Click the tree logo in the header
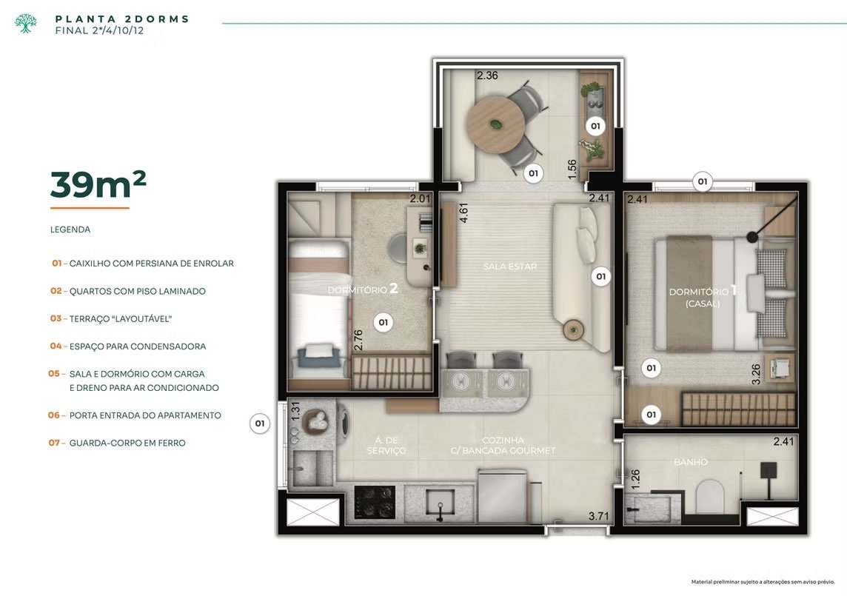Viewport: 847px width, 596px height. tap(25, 23)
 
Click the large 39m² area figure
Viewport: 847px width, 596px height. tap(98, 184)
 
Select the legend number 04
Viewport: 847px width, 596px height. tap(56, 346)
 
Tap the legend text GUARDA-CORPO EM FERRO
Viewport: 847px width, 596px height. tap(127, 443)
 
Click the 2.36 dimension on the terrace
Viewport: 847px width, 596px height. tap(487, 76)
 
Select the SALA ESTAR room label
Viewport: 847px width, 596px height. tap(510, 267)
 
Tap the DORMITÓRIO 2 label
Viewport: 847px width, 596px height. tap(363, 289)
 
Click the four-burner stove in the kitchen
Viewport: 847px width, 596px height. tap(375, 501)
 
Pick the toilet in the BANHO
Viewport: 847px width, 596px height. tap(709, 497)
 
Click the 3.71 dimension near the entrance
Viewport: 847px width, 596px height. tap(598, 517)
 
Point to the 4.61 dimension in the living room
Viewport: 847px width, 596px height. tap(463, 213)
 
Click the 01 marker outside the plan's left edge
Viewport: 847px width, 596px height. tap(260, 423)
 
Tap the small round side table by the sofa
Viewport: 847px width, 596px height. tap(573, 329)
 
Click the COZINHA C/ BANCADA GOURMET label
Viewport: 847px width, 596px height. tap(503, 445)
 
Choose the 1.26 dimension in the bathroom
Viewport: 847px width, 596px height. tap(635, 479)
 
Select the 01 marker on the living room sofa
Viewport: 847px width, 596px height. tap(600, 277)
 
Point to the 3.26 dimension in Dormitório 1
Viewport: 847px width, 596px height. tap(756, 374)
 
